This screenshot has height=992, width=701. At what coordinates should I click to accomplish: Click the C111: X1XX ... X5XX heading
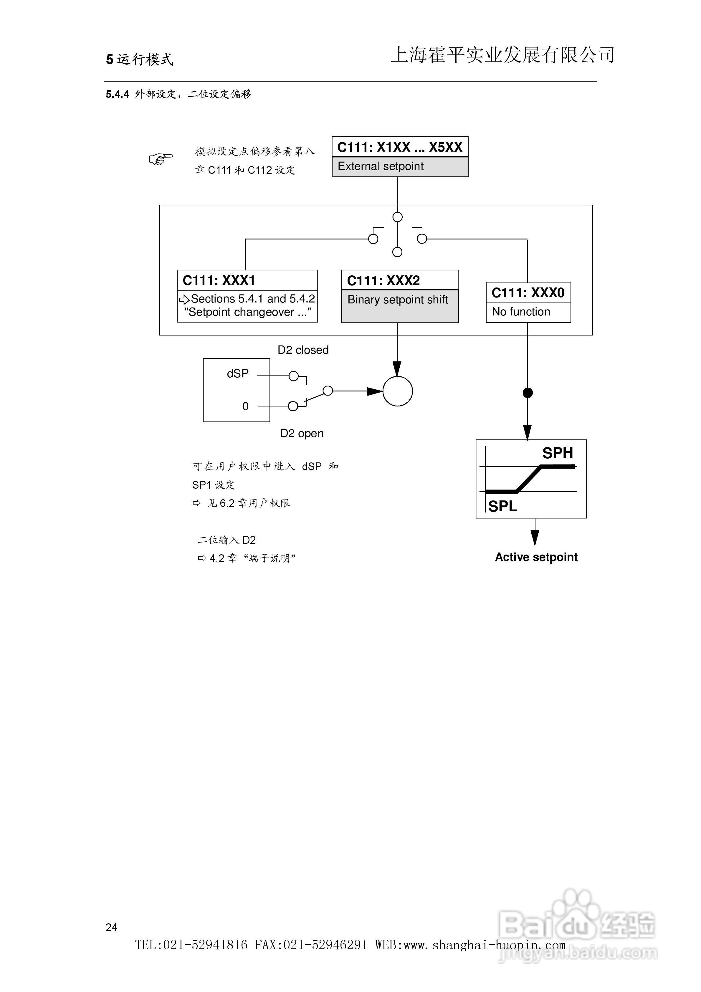400,147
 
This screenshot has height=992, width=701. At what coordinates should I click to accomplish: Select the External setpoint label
380,166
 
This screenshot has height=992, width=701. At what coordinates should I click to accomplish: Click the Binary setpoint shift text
398,300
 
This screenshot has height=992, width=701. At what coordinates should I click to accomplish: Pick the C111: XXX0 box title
528,293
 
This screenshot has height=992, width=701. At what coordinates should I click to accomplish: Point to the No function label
521,312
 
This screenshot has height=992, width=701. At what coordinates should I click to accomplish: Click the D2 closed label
303,350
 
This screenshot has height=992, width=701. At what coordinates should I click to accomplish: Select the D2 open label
302,433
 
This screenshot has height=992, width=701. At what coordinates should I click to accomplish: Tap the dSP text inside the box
238,373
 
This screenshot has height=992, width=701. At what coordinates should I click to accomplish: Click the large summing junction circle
398,391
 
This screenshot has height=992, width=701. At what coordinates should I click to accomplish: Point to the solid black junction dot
528,393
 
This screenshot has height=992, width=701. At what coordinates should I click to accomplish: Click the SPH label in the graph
558,453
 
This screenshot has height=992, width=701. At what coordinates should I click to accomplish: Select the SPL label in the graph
502,506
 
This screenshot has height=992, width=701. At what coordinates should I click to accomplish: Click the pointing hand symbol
161,159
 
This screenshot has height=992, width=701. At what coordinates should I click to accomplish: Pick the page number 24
112,927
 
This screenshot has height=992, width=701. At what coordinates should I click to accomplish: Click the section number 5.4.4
118,94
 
